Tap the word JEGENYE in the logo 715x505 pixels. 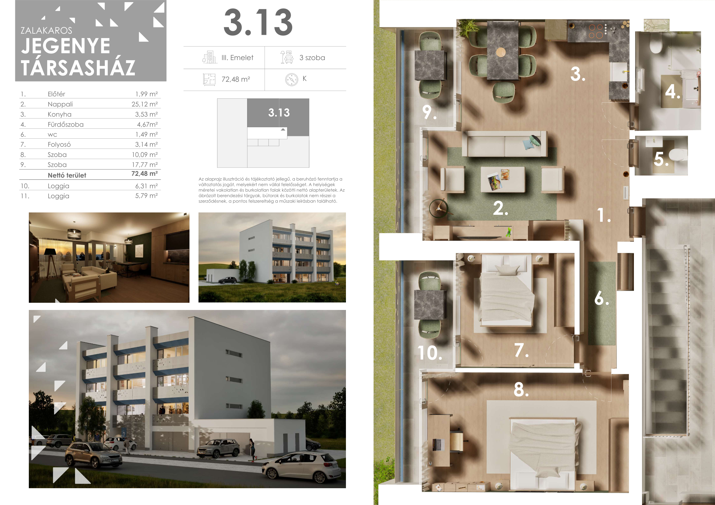tap(66, 46)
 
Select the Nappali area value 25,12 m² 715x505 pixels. tap(144, 104)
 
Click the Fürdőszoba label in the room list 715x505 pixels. tap(66, 125)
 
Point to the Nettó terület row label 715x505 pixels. tap(67, 175)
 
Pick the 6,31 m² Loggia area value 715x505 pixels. tap(146, 186)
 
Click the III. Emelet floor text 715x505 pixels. tap(237, 58)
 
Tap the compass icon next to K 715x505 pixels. tap(292, 80)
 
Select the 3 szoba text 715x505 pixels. tap(312, 58)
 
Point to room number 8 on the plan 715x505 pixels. tap(521, 389)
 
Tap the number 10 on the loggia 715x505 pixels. tap(430, 353)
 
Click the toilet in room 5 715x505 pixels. tap(678, 154)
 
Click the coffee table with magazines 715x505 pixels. tap(502, 179)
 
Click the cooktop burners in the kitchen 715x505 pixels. tap(595, 32)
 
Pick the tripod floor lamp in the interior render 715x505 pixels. tap(51, 261)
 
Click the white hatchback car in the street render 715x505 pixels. tap(302, 467)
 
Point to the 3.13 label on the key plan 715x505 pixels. tap(279, 113)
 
